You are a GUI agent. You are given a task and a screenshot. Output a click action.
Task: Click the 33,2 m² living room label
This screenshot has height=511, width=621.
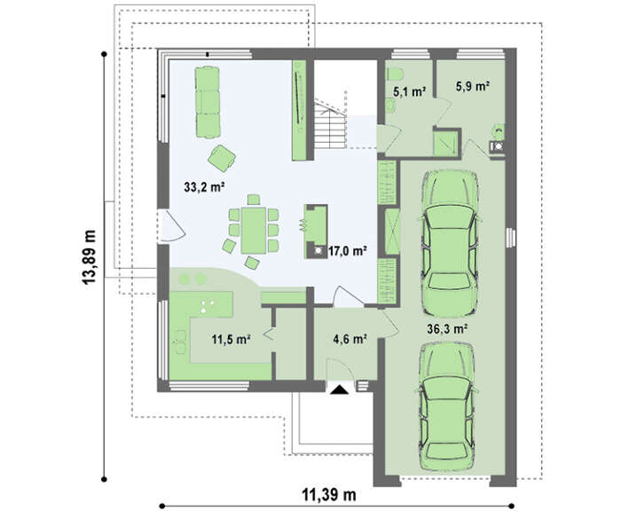click(204, 187)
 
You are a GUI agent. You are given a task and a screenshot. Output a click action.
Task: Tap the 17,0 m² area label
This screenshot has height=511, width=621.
click(347, 251)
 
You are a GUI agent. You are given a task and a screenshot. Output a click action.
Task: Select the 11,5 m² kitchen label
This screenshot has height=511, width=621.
click(231, 339)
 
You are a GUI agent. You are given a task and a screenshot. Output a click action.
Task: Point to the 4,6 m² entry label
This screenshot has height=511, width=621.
click(349, 339)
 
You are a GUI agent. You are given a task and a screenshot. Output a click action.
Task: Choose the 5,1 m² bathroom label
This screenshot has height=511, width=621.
click(409, 92)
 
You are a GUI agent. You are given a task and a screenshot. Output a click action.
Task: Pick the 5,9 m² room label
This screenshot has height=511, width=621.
click(473, 86)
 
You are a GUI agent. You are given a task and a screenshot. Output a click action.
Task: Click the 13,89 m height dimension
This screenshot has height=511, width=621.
click(89, 257)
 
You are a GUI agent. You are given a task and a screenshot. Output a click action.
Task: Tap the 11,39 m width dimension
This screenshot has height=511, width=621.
click(329, 495)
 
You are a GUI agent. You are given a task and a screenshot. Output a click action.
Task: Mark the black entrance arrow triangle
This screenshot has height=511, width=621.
click(340, 389)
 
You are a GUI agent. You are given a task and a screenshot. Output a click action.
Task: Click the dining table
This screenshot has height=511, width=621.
click(254, 230)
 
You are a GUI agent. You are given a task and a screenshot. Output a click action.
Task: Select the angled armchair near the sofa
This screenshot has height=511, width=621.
click(222, 158)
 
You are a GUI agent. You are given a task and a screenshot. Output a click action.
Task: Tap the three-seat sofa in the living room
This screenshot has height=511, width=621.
click(208, 102)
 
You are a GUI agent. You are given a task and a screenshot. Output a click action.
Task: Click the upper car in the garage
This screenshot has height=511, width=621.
click(449, 243)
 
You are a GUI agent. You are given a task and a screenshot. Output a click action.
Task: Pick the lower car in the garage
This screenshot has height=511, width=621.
click(447, 407)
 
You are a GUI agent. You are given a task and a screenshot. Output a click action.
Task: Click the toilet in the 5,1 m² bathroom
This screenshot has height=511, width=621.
click(395, 74)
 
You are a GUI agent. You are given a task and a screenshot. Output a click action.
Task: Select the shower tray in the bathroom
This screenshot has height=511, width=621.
click(446, 143)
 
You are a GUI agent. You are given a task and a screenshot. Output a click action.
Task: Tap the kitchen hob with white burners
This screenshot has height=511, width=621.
click(207, 306)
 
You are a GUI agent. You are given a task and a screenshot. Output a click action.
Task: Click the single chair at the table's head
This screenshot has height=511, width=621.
click(254, 200)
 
